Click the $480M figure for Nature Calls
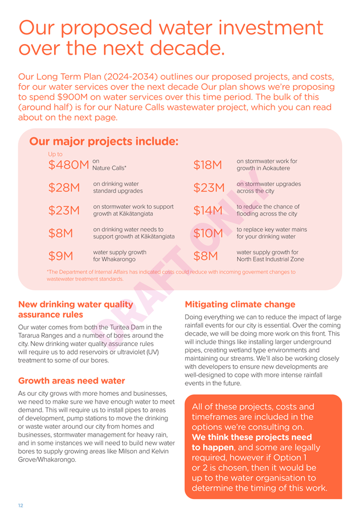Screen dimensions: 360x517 (x=69, y=165)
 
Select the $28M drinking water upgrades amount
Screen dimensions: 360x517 (x=64, y=187)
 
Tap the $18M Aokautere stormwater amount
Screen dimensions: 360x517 (x=208, y=165)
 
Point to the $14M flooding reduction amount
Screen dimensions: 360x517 (x=208, y=210)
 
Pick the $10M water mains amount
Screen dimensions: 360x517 (x=208, y=233)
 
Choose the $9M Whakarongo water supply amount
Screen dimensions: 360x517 (x=61, y=256)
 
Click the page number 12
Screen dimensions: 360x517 (x=21, y=505)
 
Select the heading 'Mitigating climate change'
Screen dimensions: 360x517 (x=240, y=304)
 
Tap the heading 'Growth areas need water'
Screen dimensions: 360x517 (x=71, y=381)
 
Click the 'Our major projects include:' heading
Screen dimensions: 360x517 (x=104, y=141)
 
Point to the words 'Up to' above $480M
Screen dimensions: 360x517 (x=55, y=154)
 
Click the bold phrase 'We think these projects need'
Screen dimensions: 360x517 (x=252, y=437)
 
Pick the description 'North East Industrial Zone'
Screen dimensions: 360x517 (x=270, y=259)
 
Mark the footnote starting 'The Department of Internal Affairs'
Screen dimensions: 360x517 (x=171, y=275)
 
